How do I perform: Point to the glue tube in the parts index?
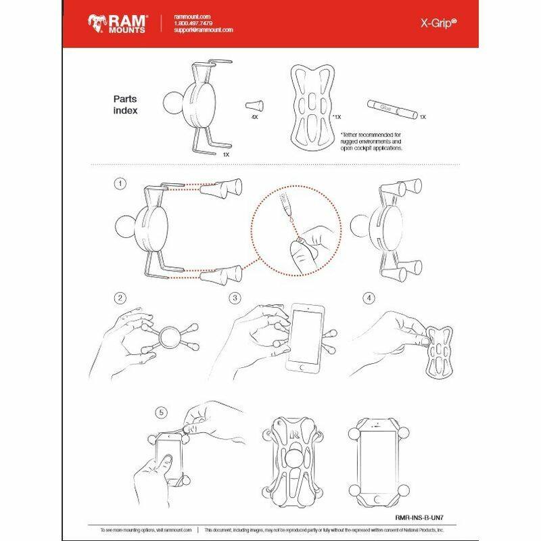click(392, 107)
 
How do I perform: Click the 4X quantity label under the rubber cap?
click(256, 116)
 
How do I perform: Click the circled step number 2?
click(121, 298)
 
